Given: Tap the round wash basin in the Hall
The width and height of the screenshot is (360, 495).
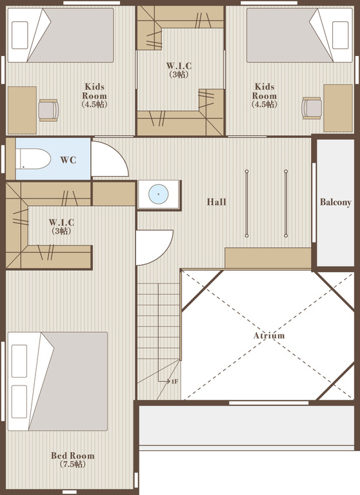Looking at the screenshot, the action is click(158, 194).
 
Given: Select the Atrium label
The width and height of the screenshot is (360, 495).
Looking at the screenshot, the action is click(269, 335).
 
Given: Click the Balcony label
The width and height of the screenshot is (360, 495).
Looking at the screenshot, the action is click(335, 202).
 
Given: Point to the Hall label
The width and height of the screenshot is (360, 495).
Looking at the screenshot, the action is click(217, 202).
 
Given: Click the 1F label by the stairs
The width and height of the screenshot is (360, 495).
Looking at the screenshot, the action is click(175, 382).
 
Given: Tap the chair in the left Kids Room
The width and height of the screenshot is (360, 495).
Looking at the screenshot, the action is click(48, 110).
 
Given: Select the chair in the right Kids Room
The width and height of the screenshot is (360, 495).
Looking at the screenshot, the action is click(312, 108).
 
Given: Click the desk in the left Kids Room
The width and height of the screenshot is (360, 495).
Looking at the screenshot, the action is click(22, 110).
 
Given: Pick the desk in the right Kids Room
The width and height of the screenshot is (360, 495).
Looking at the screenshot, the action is click(338, 108).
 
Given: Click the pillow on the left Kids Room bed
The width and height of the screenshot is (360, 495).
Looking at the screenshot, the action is click(19, 35).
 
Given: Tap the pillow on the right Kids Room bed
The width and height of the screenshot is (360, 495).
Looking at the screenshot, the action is click(341, 35).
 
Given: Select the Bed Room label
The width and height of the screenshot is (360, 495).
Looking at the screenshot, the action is click(73, 456).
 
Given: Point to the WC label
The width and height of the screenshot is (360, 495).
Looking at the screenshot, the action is click(68, 160).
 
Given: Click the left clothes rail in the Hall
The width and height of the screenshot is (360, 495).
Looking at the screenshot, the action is click(246, 203).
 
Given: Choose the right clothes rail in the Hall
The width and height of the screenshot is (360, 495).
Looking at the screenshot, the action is click(286, 203).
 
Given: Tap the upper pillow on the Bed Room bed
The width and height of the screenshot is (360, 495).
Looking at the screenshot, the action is click(19, 361).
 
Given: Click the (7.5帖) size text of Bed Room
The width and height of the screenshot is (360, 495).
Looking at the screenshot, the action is click(73, 464).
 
